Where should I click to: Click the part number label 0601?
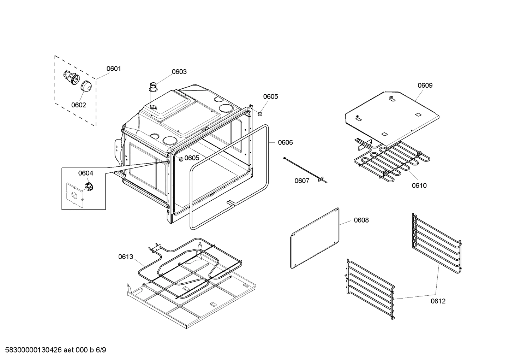(x=114, y=69)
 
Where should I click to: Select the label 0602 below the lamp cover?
(x=78, y=105)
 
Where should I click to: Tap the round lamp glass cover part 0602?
(x=86, y=86)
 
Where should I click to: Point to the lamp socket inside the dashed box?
(x=71, y=77)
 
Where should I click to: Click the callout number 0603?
(x=179, y=72)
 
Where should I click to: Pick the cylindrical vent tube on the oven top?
(x=154, y=86)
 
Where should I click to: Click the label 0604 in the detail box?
(x=85, y=173)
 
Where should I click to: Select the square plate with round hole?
(x=75, y=194)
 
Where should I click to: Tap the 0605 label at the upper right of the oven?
(x=270, y=96)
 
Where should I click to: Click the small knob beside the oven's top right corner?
(x=260, y=114)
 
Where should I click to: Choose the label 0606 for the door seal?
(x=285, y=142)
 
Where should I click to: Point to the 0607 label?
(x=302, y=181)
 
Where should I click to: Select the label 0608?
(x=361, y=220)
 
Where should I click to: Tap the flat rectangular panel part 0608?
(x=315, y=238)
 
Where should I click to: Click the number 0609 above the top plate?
(x=425, y=85)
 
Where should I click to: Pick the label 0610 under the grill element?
(x=419, y=185)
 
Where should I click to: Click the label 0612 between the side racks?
(x=438, y=301)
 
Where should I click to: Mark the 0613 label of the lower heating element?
(x=126, y=256)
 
